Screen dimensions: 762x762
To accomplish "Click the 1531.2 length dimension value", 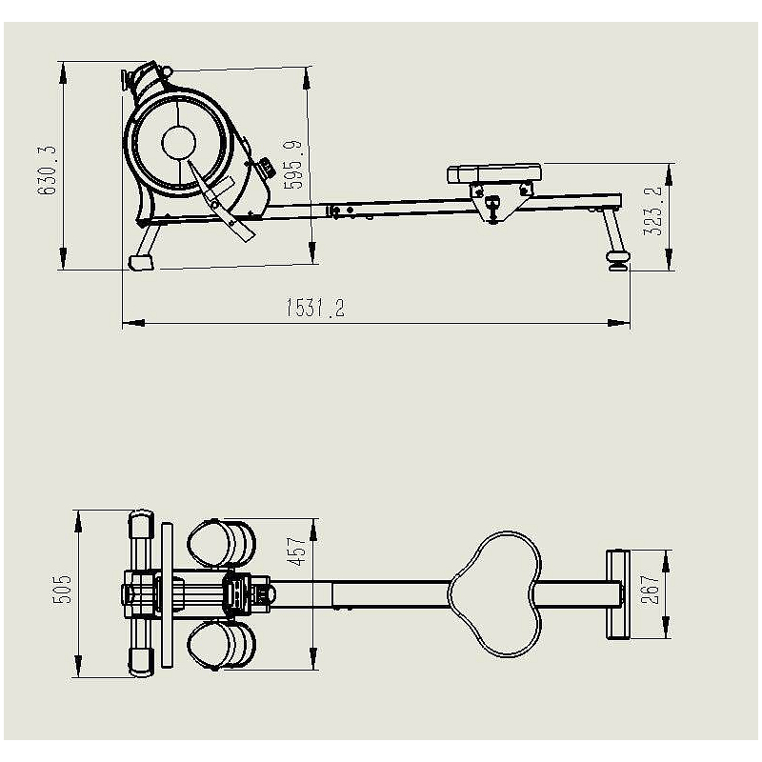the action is (315, 308).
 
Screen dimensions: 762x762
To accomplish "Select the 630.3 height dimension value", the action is (48, 170).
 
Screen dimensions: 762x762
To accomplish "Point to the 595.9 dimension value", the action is (292, 164).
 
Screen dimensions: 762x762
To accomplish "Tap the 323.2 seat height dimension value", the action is (652, 210).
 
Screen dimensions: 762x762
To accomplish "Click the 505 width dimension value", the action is (62, 589).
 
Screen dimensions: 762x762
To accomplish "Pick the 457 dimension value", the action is (296, 551).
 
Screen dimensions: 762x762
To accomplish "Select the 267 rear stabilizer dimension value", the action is (651, 589).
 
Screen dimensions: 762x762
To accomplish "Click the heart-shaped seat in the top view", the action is (494, 593).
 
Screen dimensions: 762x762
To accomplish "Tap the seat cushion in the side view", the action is (493, 174).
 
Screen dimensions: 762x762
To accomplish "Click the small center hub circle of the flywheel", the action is (179, 142).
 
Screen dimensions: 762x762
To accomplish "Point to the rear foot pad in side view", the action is (617, 259).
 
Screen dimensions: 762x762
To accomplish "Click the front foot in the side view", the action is (141, 262).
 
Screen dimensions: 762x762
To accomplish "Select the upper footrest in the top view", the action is (222, 543).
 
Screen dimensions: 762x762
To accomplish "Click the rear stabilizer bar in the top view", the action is (617, 594).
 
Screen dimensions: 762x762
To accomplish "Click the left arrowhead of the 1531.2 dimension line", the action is (133, 323).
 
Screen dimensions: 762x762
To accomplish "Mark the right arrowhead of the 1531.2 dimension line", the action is (619, 323).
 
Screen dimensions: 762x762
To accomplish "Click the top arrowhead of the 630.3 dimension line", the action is (63, 74).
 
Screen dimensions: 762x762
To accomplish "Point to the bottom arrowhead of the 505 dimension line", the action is (78, 666).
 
